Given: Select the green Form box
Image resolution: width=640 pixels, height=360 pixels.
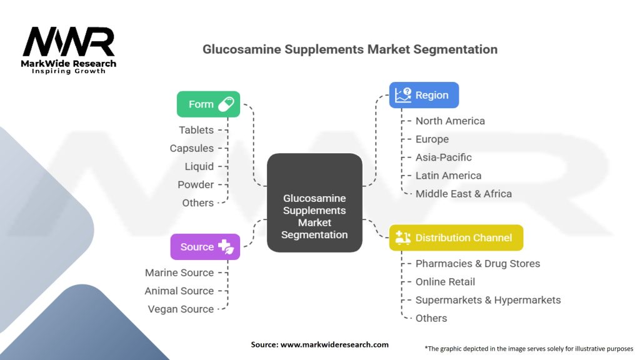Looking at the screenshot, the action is click(x=208, y=104).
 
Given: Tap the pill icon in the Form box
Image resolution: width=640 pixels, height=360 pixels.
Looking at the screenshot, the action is click(x=226, y=104).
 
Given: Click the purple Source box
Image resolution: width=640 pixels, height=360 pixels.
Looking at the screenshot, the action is click(x=205, y=247).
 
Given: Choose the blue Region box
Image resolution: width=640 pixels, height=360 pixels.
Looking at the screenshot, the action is click(x=424, y=95).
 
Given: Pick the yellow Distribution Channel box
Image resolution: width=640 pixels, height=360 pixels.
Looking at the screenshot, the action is click(x=456, y=237).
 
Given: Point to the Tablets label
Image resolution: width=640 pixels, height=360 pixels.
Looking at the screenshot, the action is click(x=196, y=130).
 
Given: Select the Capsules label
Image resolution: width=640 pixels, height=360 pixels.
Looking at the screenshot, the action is click(x=192, y=148).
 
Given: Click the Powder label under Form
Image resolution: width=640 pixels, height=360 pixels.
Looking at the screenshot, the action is click(x=196, y=184).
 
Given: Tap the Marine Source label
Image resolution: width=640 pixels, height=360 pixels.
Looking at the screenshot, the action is click(x=179, y=272).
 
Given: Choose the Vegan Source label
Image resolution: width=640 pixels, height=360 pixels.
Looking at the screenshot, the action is click(x=181, y=309).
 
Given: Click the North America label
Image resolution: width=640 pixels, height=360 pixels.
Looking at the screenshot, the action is click(x=450, y=121).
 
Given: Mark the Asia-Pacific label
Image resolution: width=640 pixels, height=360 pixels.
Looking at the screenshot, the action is click(x=444, y=157).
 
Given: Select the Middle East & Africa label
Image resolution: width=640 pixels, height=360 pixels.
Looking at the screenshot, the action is click(x=464, y=194).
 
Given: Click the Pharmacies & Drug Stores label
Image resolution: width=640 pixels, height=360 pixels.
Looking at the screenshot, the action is click(x=477, y=263).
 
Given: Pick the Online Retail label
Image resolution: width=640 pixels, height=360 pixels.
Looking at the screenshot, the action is click(x=445, y=282).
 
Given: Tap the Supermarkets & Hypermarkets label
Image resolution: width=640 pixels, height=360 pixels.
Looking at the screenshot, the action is click(x=488, y=300).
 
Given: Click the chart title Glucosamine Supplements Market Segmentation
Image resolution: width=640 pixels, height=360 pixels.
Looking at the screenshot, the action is click(x=350, y=49).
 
